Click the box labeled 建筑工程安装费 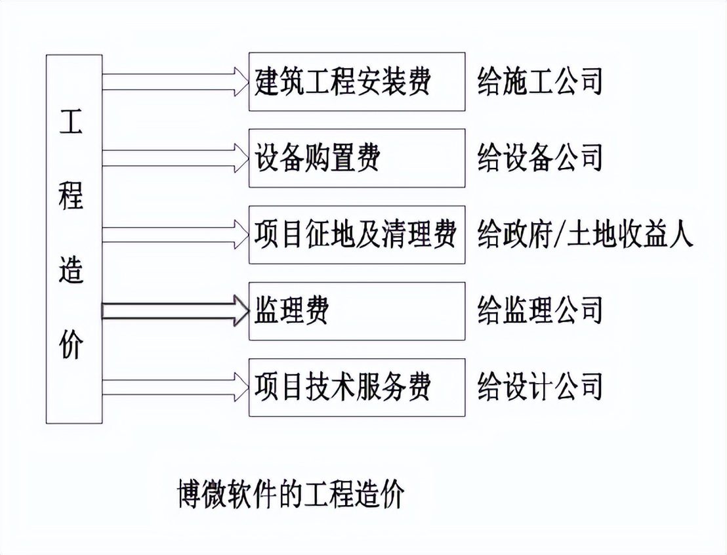tap(356, 81)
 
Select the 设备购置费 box tap(356, 158)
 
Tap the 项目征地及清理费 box tap(356, 235)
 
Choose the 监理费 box tap(356, 311)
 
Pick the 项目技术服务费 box tap(356, 387)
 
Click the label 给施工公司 tap(540, 81)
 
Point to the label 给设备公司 tap(540, 158)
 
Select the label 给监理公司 tap(540, 311)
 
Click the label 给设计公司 tap(540, 387)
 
